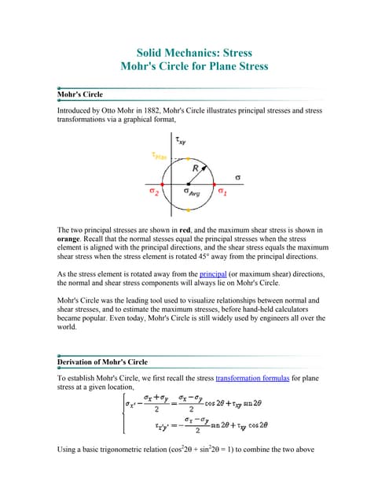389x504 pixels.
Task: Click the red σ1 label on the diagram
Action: pos(222,192)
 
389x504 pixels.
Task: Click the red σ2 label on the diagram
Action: pos(156,191)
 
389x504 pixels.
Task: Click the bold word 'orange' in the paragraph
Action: pos(73,240)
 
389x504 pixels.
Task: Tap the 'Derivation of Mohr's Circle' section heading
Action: pos(103,361)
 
